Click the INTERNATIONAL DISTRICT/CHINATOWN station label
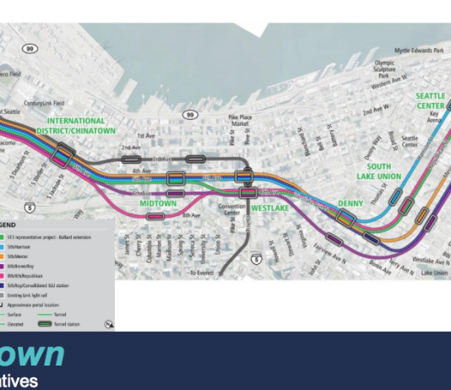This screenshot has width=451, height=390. (x=76, y=126)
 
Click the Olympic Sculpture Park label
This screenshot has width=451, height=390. (x=384, y=68)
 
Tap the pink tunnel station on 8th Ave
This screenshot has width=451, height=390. (x=155, y=216)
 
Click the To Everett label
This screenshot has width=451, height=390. (x=202, y=274)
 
